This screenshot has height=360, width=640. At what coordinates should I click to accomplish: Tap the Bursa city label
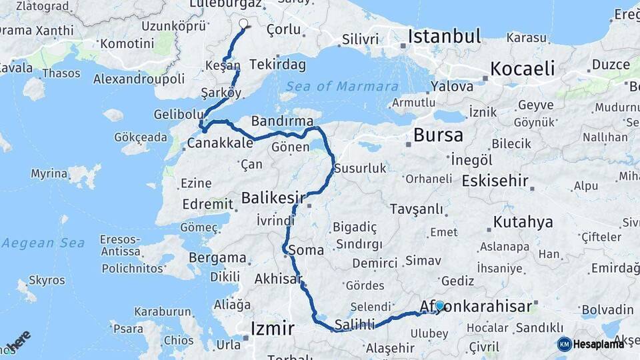pyautogui.click(x=438, y=135)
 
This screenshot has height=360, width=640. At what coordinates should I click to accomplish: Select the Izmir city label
pyautogui.click(x=272, y=328)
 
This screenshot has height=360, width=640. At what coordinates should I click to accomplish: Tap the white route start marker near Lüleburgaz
pyautogui.click(x=243, y=23)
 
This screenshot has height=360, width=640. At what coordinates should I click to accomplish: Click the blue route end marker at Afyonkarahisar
pyautogui.click(x=439, y=306)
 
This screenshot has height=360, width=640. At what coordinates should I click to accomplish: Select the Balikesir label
pyautogui.click(x=273, y=197)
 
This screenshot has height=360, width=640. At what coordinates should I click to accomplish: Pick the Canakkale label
pyautogui.click(x=220, y=143)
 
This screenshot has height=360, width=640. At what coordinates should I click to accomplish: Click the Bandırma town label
pyautogui.click(x=282, y=121)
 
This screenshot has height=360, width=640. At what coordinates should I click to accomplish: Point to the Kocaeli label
pyautogui.click(x=522, y=68)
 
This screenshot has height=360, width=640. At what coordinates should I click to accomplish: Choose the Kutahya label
pyautogui.click(x=523, y=222)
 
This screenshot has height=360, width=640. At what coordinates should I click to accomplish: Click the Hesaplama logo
pyautogui.click(x=591, y=344)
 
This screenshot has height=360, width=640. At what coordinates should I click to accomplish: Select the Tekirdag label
pyautogui.click(x=277, y=65)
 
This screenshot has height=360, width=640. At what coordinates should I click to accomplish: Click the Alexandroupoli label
pyautogui.click(x=139, y=79)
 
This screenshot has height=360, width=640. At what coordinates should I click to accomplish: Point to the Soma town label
pyautogui.click(x=306, y=251)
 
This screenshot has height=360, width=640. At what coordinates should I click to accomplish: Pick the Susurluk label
pyautogui.click(x=360, y=169)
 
